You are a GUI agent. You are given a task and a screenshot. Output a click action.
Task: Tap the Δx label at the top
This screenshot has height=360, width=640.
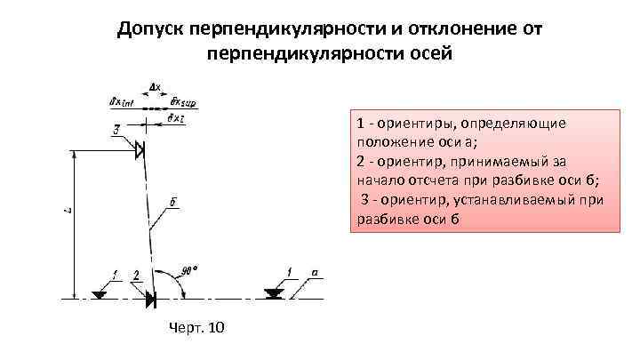(155, 87)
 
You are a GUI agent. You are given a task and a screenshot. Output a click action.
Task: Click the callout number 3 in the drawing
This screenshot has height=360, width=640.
(116, 131)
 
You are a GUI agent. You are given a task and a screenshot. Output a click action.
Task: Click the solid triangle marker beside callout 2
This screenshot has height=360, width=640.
(150, 300)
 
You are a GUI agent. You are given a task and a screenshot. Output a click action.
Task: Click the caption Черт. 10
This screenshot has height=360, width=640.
(196, 329)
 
